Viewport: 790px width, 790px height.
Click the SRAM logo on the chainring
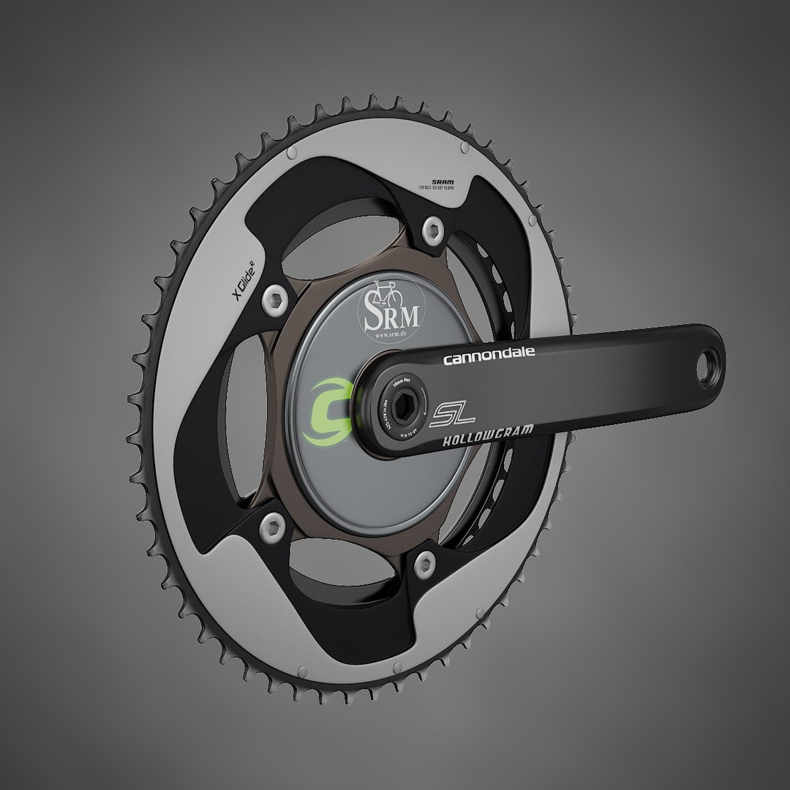(x=443, y=181)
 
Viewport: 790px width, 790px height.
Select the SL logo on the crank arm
(x=453, y=415)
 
